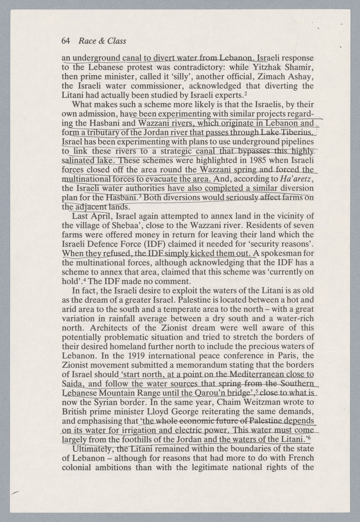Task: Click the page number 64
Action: click(x=66, y=41)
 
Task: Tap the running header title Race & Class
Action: click(x=102, y=41)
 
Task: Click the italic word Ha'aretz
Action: click(x=294, y=179)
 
